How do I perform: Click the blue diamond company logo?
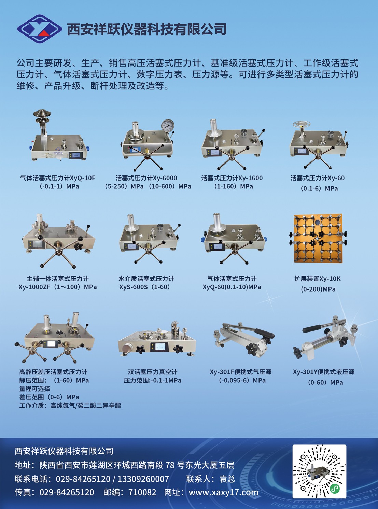40,29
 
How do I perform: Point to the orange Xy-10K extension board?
318,238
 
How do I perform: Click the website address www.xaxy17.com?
223,492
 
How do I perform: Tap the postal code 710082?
142,492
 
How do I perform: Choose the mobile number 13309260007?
143,479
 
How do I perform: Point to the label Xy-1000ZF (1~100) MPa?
57,287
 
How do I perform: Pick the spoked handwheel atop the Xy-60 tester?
302,124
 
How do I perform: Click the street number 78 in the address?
170,465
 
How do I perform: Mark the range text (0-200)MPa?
318,289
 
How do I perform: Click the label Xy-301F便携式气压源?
240,372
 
